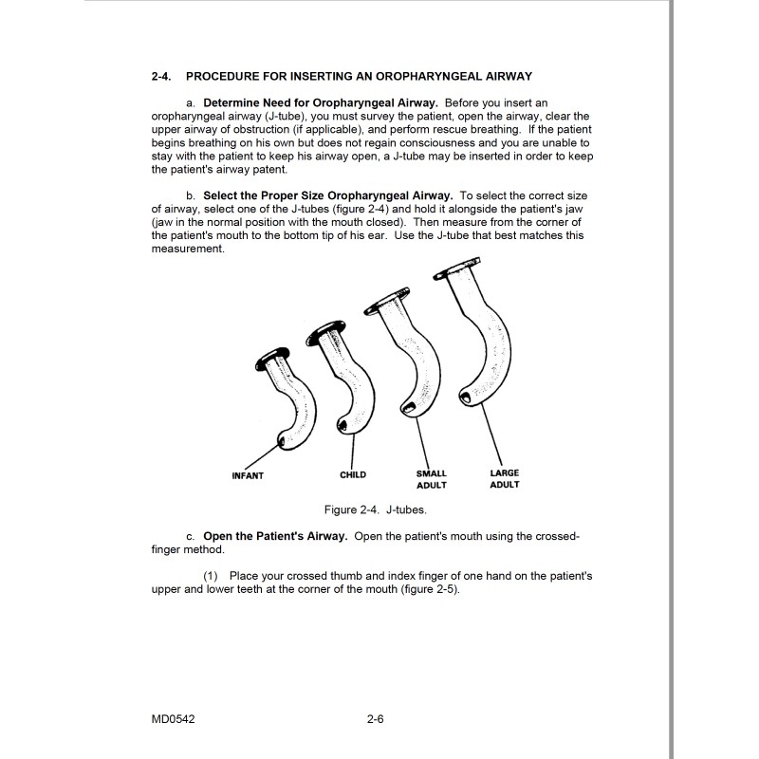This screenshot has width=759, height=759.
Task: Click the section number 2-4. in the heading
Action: [162, 75]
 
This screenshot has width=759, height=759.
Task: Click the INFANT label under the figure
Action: [248, 475]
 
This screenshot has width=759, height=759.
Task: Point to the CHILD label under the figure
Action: [353, 474]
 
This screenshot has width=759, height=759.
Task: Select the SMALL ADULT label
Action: [431, 479]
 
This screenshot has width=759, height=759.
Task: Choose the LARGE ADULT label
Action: [504, 478]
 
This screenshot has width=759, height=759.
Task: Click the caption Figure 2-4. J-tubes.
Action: [379, 509]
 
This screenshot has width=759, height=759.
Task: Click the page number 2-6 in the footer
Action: [375, 719]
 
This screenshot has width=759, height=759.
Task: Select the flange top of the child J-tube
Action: [323, 327]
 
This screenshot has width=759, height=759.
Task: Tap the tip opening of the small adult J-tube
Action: [409, 409]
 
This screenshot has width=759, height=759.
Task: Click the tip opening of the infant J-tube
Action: [281, 439]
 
